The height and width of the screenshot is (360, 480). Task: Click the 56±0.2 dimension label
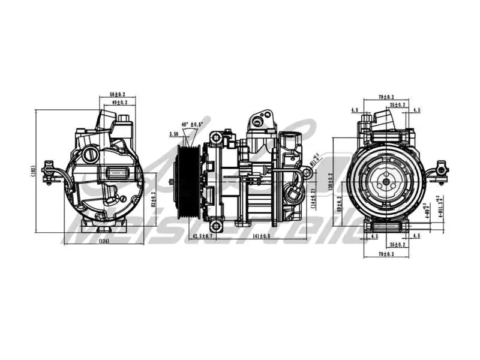click(117, 95)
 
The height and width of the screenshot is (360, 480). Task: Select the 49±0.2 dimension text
click(120, 103)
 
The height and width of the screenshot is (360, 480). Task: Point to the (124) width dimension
click(104, 242)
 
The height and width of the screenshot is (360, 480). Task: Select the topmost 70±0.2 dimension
click(386, 97)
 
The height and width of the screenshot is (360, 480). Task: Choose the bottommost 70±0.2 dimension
click(386, 254)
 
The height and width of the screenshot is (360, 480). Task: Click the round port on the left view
click(91, 155)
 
